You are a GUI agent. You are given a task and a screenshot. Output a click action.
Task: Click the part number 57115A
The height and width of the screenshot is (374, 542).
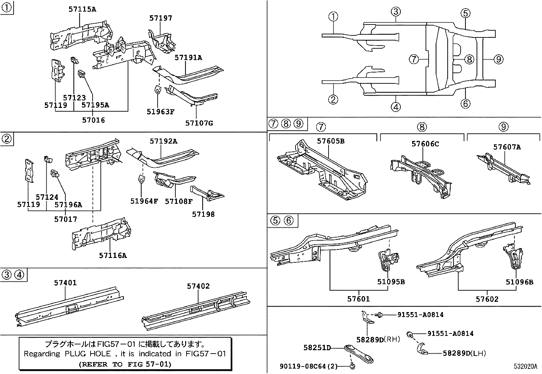click(x=82, y=10)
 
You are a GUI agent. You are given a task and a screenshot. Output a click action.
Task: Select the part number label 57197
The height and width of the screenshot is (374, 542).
click(x=161, y=18)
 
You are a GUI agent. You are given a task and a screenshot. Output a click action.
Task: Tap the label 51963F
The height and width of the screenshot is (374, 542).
click(x=160, y=112)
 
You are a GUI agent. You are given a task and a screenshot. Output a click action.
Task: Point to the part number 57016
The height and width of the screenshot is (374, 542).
click(x=94, y=120)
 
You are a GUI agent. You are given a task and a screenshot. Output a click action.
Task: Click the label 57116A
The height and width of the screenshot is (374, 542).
click(x=113, y=255)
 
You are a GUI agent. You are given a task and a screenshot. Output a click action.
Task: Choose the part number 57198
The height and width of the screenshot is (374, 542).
click(x=203, y=214)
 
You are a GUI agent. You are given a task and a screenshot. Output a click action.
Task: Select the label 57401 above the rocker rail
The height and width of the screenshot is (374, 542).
click(x=65, y=283)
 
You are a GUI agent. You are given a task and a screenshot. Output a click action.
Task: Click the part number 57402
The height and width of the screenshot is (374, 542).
click(x=198, y=286)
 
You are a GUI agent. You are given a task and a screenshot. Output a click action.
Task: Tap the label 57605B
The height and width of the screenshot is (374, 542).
click(x=331, y=141)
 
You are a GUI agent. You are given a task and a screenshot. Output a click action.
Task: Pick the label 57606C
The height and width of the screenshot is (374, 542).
click(x=425, y=144)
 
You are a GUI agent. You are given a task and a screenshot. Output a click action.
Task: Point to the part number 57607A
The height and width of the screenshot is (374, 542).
click(x=507, y=147)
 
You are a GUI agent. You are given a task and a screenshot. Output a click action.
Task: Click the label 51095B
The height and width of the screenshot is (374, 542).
click(x=391, y=282)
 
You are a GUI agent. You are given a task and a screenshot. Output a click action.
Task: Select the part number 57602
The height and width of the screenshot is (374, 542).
click(x=487, y=299)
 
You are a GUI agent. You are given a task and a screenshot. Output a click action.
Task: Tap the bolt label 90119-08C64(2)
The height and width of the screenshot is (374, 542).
click(x=309, y=366)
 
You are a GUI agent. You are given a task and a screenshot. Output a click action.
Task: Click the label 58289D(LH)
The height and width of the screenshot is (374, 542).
click(x=464, y=353)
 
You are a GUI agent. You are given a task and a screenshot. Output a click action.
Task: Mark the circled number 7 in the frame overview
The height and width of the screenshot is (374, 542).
click(x=413, y=60)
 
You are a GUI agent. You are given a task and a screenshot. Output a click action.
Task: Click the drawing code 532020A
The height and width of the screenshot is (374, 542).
click(x=525, y=367)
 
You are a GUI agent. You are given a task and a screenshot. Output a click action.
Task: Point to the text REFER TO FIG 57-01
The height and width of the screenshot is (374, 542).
click(x=125, y=364)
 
